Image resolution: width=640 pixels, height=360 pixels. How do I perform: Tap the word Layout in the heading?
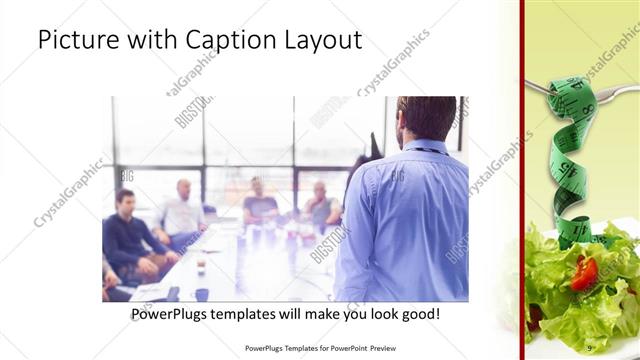pos(319,40)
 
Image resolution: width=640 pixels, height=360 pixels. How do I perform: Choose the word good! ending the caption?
pos(417,314)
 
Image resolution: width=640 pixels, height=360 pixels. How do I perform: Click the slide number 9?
pos(590,347)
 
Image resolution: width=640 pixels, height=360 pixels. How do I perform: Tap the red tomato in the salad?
pos(583,273)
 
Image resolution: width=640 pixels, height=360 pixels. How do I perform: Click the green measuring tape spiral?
pos(570,160)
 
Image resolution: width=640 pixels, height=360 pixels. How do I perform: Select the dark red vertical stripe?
pos(521,180)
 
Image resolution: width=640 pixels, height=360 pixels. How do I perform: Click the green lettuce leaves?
pos(590,300)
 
